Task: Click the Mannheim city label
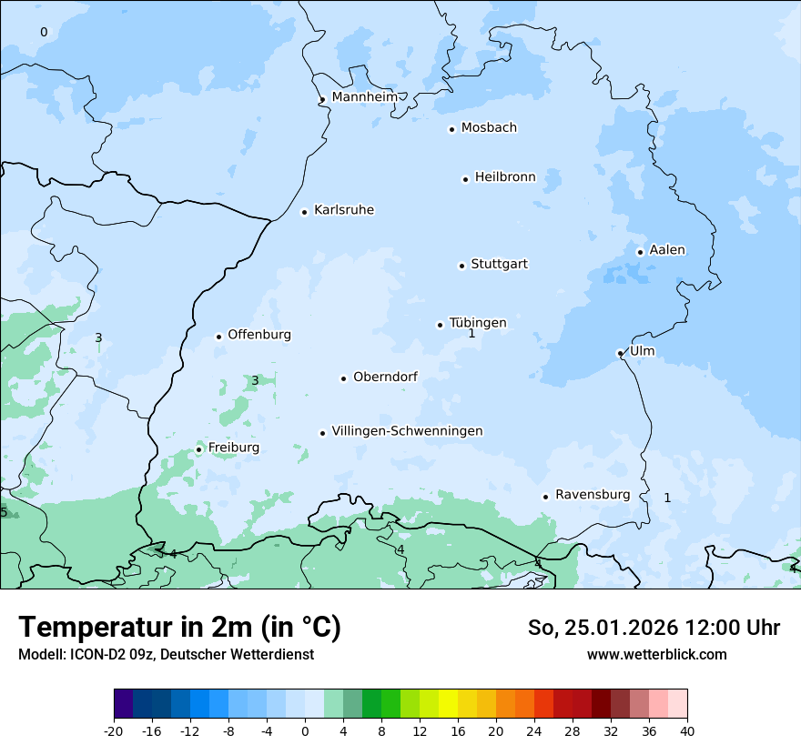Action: click(x=365, y=96)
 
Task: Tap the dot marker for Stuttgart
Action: click(x=461, y=266)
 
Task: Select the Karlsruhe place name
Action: click(x=344, y=210)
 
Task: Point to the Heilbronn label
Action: click(x=505, y=177)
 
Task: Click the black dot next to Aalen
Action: click(x=640, y=252)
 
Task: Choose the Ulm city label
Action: click(x=642, y=351)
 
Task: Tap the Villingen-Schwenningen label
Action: click(x=407, y=431)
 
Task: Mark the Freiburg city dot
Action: click(x=198, y=449)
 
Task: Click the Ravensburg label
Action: click(x=593, y=495)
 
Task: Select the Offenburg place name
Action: click(x=259, y=335)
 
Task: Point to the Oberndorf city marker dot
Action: click(x=343, y=378)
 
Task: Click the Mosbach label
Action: click(x=489, y=128)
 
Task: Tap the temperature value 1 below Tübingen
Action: click(x=471, y=334)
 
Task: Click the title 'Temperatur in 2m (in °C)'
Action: click(x=179, y=627)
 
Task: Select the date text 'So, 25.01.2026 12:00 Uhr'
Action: click(x=654, y=628)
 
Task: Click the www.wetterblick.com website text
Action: click(x=656, y=654)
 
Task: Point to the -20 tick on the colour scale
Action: click(x=114, y=730)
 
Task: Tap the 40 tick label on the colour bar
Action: click(x=686, y=730)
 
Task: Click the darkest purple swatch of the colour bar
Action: click(x=123, y=704)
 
